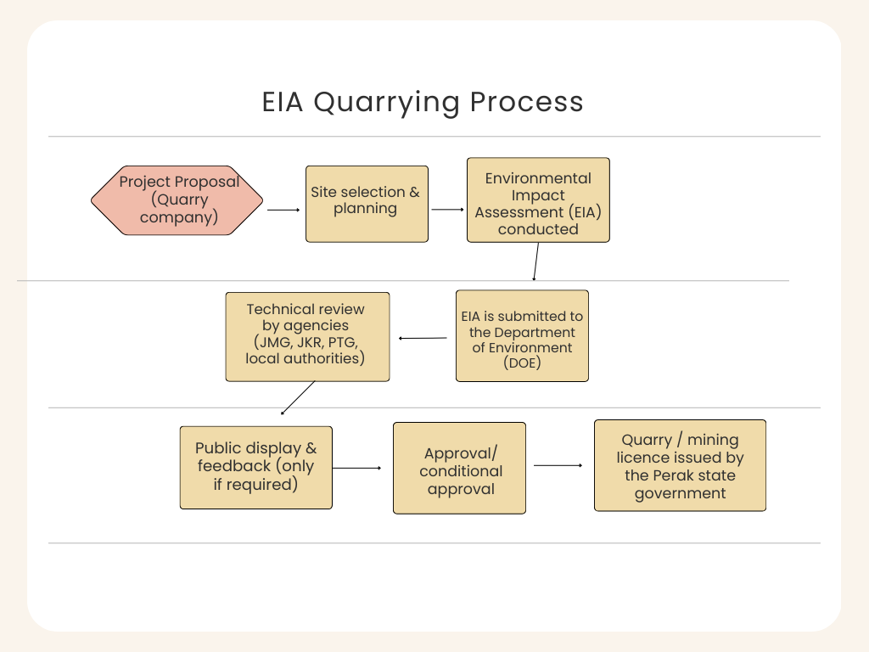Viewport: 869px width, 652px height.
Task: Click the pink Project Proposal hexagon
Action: (177, 200)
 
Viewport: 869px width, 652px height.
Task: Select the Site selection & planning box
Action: (367, 204)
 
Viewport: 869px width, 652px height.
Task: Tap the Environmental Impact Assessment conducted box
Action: (538, 200)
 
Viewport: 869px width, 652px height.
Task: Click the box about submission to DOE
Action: (522, 335)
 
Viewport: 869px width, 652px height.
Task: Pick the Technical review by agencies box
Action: (307, 337)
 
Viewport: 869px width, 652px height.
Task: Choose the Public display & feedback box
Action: (255, 467)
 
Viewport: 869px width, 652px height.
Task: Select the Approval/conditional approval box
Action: (459, 468)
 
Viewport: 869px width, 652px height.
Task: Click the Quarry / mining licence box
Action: (680, 465)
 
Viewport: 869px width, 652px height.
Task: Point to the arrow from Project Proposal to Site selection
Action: (283, 209)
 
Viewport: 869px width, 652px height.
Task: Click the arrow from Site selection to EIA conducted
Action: (447, 209)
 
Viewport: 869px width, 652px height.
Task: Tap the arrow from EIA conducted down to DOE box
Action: (535, 261)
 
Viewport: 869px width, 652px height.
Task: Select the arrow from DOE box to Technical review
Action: (423, 338)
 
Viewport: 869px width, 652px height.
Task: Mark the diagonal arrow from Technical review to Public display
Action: (298, 397)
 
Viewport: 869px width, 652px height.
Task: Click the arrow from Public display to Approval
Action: (356, 468)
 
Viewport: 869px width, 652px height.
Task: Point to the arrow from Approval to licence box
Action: (558, 465)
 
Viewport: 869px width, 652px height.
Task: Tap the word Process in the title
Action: (526, 102)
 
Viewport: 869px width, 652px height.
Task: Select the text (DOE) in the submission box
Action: (522, 363)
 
